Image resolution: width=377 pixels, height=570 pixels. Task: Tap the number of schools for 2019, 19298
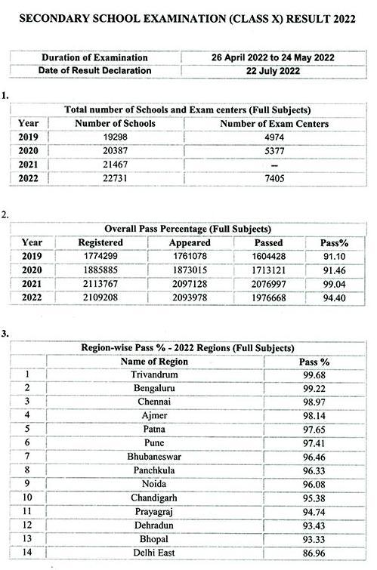coord(116,137)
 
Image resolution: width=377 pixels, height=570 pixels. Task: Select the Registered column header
coord(100,243)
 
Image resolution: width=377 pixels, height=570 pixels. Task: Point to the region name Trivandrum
coord(154,374)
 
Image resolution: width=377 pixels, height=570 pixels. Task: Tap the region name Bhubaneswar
coord(154,457)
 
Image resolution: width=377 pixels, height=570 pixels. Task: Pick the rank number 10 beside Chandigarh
coord(28,498)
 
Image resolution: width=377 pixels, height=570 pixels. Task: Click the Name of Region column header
coord(154,362)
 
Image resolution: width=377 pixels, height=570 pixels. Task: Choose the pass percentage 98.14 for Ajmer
coord(314,416)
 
